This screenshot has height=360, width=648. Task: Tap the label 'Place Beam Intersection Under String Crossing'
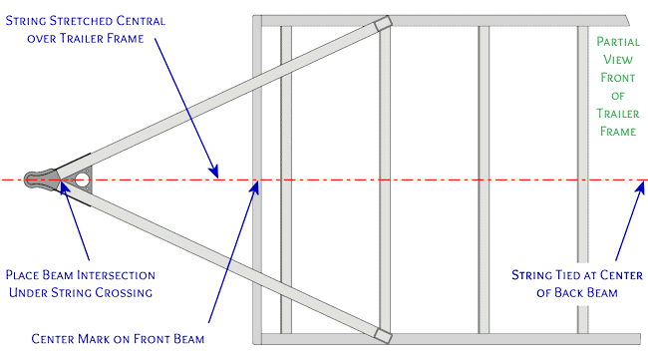pyautogui.click(x=81, y=282)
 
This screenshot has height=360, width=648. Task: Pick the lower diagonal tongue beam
pyautogui.click(x=219, y=261)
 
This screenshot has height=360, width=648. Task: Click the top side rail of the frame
pyautogui.click(x=449, y=19)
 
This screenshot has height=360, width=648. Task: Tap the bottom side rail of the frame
pyautogui.click(x=449, y=339)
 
